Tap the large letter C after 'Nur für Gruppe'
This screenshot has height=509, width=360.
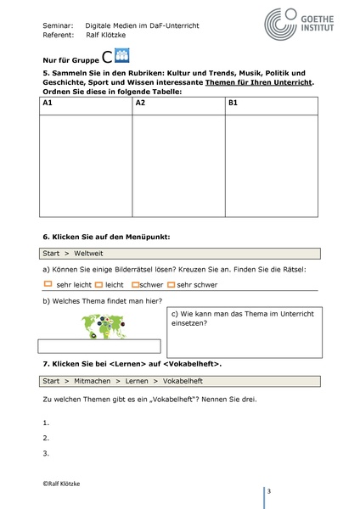click(x=106, y=59)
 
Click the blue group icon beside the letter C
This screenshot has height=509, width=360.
click(x=121, y=58)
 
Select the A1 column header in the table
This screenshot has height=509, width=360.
click(x=48, y=103)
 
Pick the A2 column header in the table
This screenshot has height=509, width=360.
click(x=141, y=103)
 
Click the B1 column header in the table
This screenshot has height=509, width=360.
click(x=234, y=103)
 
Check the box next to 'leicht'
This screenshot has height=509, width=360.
click(x=98, y=284)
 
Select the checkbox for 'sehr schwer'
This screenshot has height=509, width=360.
click(x=172, y=284)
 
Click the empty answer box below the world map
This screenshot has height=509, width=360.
click(x=99, y=345)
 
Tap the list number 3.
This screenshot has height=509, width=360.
click(x=45, y=453)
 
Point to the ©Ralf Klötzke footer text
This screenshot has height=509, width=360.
click(x=66, y=481)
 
